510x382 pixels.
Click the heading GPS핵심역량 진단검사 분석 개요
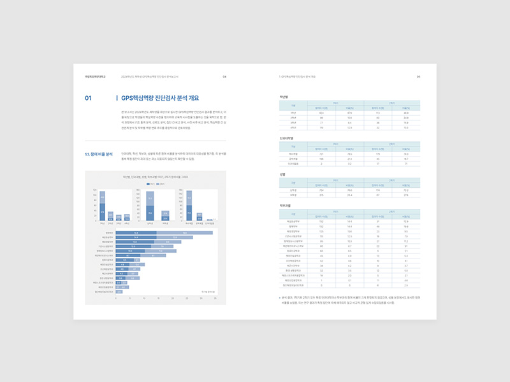pyautogui.click(x=160, y=98)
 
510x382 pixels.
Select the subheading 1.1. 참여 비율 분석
pyautogui.click(x=99, y=154)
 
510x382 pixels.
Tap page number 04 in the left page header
pyautogui.click(x=224, y=77)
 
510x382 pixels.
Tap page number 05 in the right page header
pyautogui.click(x=418, y=77)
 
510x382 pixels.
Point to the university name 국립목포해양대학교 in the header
pyautogui.click(x=95, y=77)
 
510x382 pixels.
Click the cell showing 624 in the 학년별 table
pyautogui.click(x=322, y=113)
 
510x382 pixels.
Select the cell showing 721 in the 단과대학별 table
pyautogui.click(x=322, y=155)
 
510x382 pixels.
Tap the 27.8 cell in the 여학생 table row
pyautogui.click(x=406, y=195)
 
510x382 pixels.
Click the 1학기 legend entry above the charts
pyautogui.click(x=150, y=183)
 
